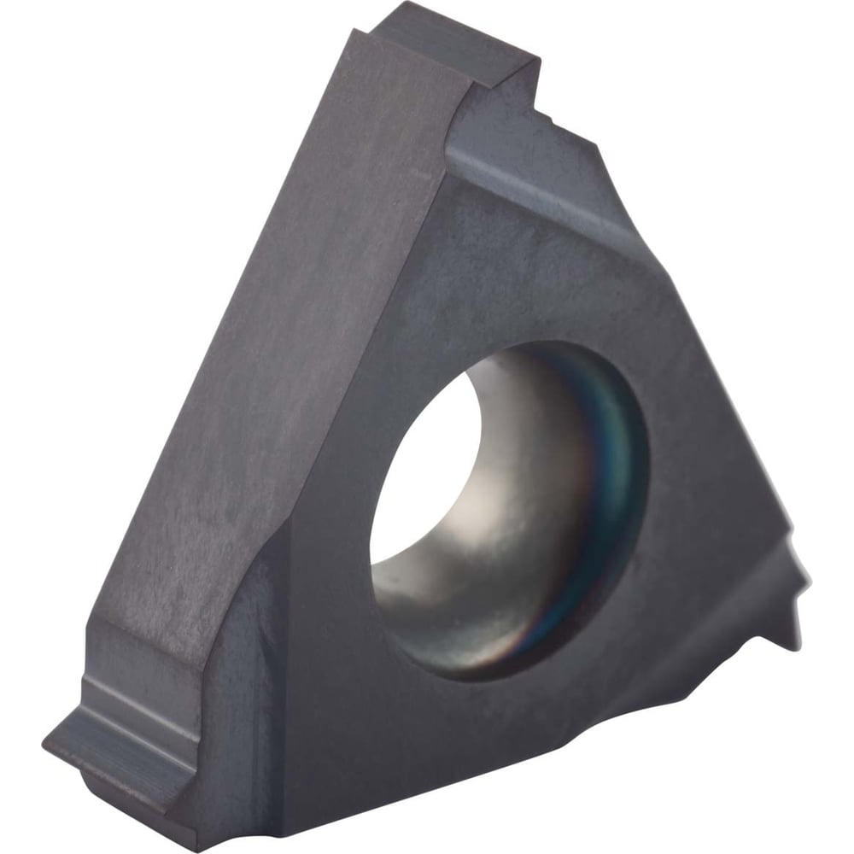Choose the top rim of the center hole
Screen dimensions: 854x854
click(529, 346)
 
